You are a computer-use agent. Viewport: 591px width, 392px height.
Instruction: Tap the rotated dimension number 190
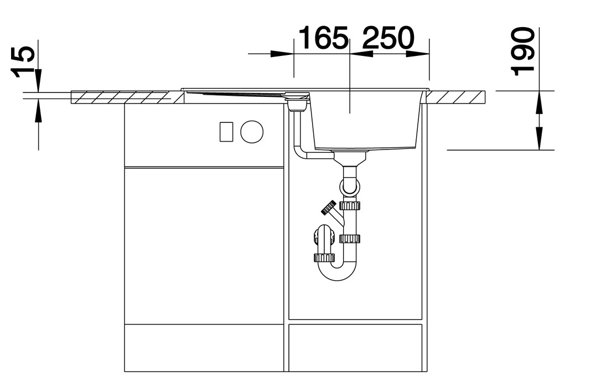(522, 51)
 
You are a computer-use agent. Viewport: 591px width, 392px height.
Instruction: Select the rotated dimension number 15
(23, 62)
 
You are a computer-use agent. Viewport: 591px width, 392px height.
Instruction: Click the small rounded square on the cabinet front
(226, 132)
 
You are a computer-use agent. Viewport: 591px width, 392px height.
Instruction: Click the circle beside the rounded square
(252, 132)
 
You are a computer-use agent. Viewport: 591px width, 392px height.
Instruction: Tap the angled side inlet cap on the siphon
(329, 208)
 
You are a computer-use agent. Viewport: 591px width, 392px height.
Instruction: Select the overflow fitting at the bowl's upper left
(298, 101)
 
